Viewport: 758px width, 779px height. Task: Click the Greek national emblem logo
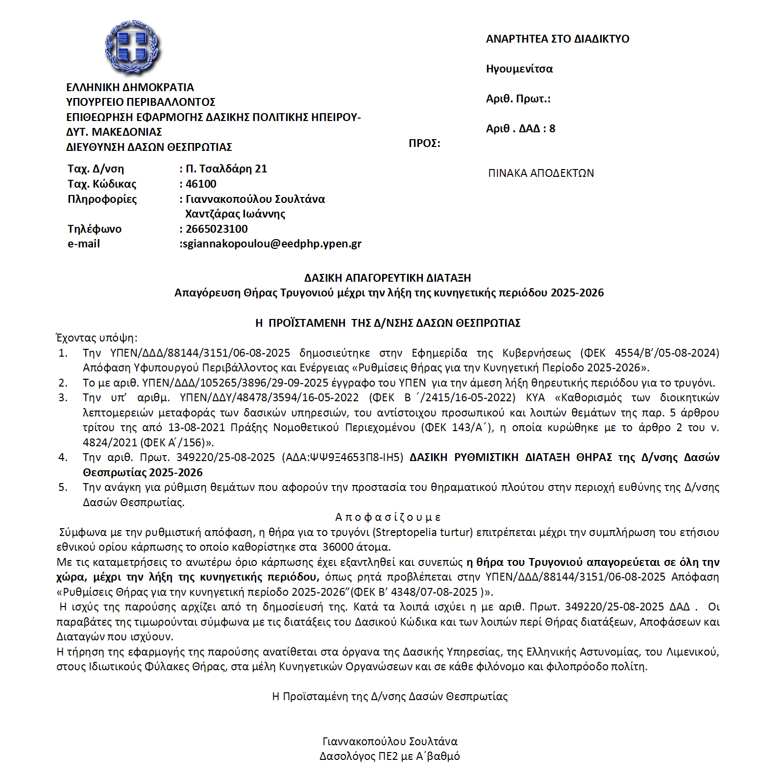tap(132, 48)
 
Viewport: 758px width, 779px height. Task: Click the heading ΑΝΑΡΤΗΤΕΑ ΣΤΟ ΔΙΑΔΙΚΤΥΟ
tap(558, 39)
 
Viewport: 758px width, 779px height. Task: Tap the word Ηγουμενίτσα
tap(519, 69)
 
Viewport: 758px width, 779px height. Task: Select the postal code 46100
tap(201, 184)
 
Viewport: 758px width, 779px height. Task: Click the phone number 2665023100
tap(217, 229)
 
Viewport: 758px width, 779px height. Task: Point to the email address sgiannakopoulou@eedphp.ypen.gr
tap(271, 244)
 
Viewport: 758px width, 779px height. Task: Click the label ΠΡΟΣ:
tap(424, 144)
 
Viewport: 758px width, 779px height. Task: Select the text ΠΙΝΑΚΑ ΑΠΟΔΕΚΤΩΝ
tap(541, 173)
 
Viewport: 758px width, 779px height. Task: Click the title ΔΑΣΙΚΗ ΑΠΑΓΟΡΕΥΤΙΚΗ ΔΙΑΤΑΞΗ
tap(388, 278)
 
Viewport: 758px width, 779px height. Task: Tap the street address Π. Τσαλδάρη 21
tap(226, 169)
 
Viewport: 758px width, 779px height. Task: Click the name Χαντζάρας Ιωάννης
tap(235, 214)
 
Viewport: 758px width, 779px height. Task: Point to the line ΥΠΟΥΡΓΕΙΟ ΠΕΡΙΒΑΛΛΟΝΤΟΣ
tap(141, 102)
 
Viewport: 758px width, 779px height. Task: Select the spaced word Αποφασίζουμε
tap(388, 517)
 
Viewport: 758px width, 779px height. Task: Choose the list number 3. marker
tap(63, 398)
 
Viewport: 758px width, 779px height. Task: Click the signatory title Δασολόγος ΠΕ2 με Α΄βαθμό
tap(390, 756)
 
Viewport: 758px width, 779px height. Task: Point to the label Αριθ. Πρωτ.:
tap(518, 99)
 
